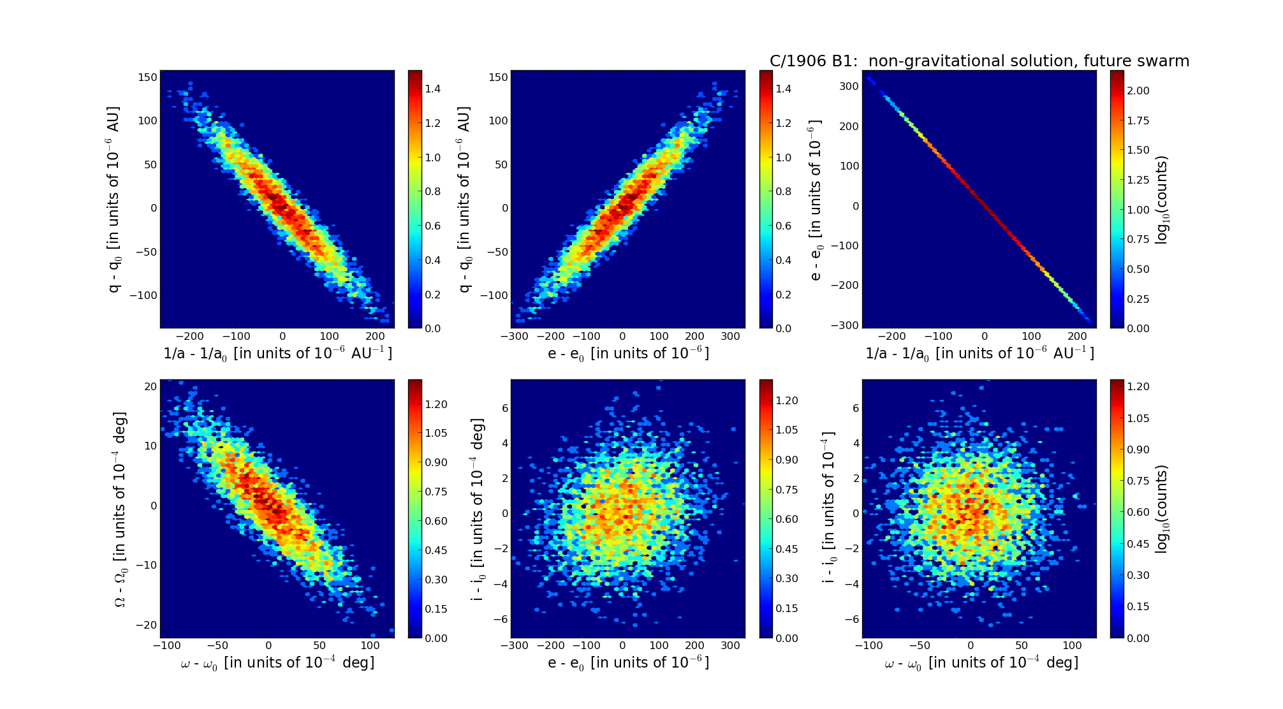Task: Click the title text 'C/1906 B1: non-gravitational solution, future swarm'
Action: (x=979, y=61)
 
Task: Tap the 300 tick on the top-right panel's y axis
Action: (x=849, y=86)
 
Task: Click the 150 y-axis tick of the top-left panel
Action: (x=148, y=77)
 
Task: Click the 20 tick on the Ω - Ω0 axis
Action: (x=150, y=386)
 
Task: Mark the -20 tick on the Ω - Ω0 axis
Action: (x=147, y=625)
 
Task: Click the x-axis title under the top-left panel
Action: (x=277, y=353)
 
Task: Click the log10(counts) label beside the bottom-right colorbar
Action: (x=1162, y=509)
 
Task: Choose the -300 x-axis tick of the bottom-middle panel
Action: (x=515, y=645)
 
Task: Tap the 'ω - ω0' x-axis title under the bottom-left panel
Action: (x=277, y=663)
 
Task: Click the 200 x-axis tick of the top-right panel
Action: (x=1077, y=336)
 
